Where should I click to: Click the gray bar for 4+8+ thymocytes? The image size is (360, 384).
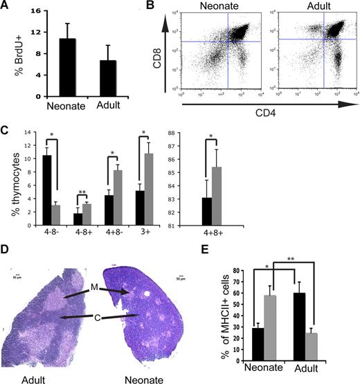(x=235, y=196)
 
